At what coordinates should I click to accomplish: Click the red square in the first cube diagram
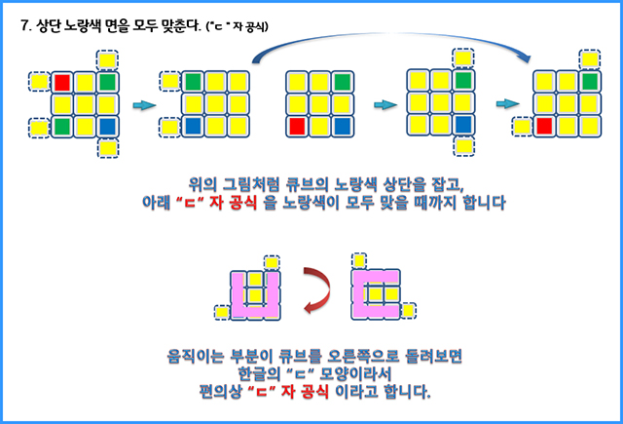tap(62, 82)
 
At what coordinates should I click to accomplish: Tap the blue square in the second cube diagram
tap(193, 125)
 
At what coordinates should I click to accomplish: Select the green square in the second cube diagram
tap(193, 82)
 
